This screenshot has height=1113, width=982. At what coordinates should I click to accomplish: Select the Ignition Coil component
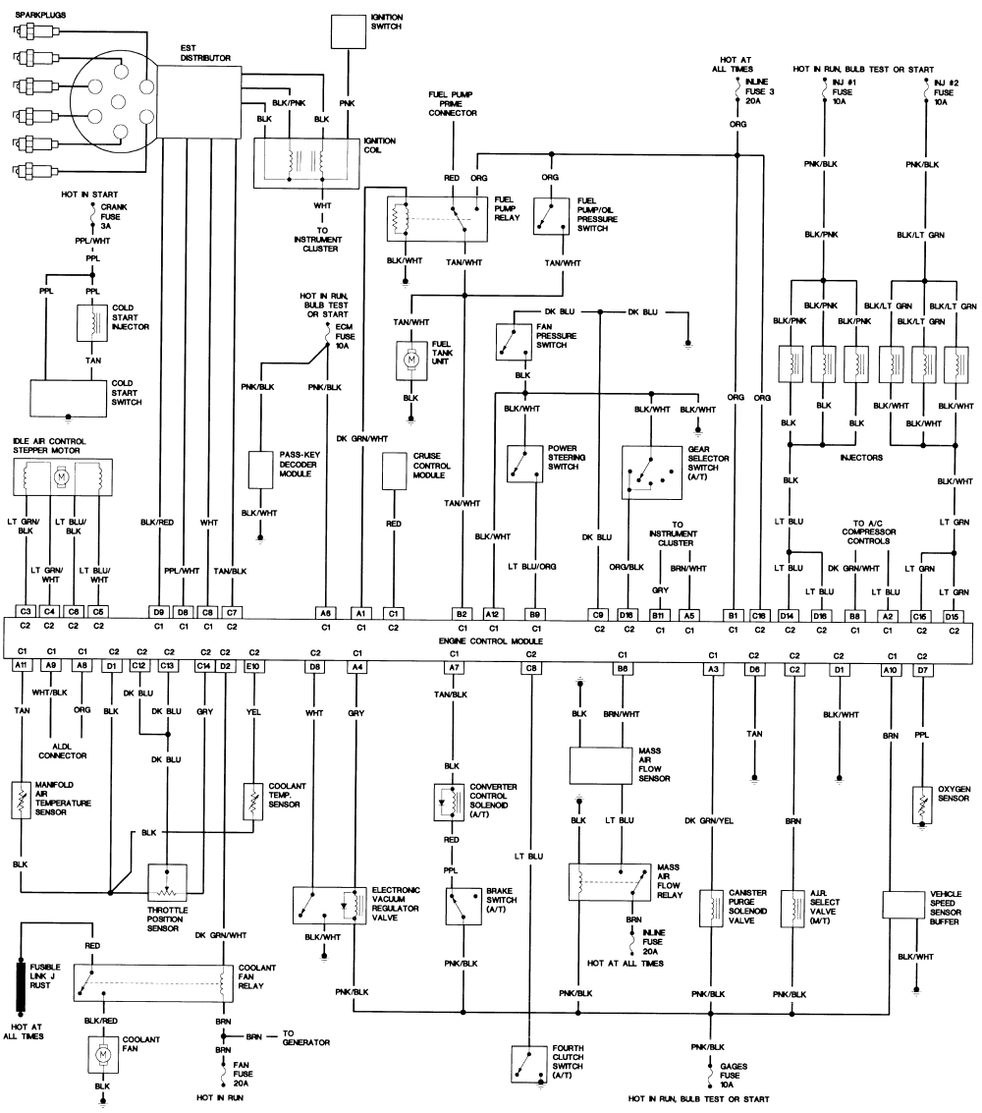click(306, 161)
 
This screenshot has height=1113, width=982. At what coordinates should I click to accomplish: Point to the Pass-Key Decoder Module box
click(260, 471)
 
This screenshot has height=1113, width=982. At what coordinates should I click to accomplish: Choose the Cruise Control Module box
click(394, 471)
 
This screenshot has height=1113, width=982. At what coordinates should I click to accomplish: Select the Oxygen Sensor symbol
click(921, 805)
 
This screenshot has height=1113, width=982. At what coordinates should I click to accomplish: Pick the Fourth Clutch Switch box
click(529, 1063)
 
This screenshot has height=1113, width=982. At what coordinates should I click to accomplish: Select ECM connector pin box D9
click(157, 612)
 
